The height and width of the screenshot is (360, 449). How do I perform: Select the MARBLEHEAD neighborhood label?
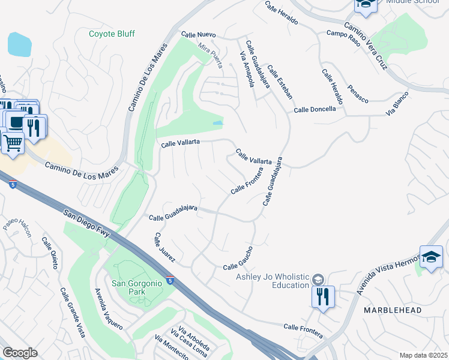coord(392,310)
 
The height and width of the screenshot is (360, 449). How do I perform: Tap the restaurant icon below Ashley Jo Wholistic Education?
coord(323,296)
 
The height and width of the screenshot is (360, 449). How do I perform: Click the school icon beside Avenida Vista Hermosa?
coord(431,257)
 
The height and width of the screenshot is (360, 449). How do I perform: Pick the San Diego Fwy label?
coord(87,223)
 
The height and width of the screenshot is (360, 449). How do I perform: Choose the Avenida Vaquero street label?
coord(109,308)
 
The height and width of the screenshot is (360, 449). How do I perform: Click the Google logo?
coord(20,353)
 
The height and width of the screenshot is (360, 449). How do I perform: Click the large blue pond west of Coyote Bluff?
coord(19,44)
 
